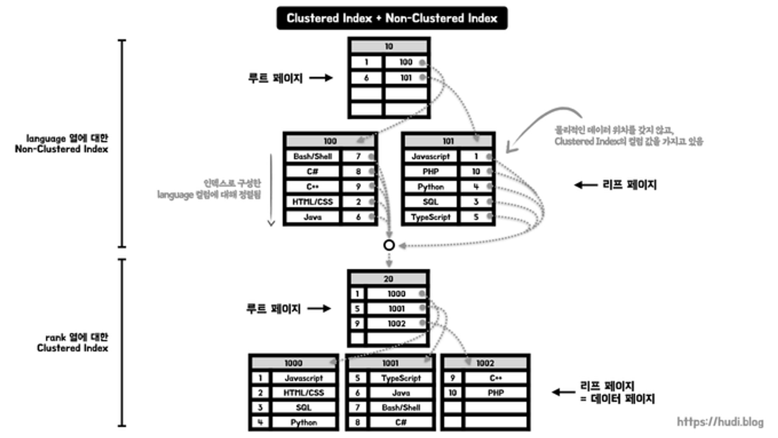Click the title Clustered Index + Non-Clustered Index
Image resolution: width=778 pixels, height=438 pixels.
click(x=392, y=18)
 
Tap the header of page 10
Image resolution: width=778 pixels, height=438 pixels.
click(x=389, y=47)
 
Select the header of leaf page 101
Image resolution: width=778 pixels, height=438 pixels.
click(x=448, y=141)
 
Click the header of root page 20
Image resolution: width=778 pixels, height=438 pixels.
click(x=388, y=279)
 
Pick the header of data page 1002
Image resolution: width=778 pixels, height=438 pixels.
click(x=485, y=363)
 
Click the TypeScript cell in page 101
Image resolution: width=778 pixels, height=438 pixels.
click(x=430, y=217)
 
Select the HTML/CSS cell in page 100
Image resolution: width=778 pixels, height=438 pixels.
click(x=312, y=201)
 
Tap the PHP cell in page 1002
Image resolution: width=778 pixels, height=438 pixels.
click(x=496, y=393)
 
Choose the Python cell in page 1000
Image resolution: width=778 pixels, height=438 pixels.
click(x=303, y=422)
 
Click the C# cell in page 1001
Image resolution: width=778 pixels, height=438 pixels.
click(x=401, y=422)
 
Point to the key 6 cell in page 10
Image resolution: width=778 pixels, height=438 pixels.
click(x=366, y=78)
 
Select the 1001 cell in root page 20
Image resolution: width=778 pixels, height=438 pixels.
click(x=396, y=309)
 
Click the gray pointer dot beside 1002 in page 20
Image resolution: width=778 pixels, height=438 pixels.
click(x=422, y=323)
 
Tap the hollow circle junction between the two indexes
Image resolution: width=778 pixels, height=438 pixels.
click(x=389, y=245)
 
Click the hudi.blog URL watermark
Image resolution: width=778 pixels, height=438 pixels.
click(x=720, y=422)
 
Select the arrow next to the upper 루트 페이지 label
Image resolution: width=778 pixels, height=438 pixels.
click(x=321, y=78)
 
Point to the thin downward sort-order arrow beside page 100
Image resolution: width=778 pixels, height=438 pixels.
click(x=271, y=191)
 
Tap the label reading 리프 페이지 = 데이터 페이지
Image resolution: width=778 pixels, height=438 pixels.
click(x=617, y=392)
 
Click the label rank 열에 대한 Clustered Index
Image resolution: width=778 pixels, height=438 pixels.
click(x=73, y=342)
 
